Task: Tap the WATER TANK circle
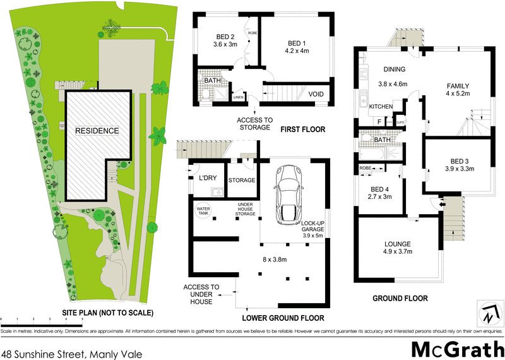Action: [x=203, y=209]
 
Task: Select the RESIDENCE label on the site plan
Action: [x=97, y=131]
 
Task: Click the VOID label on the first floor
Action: [x=316, y=95]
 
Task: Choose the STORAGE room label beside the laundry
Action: [x=242, y=180]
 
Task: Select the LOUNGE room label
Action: [x=398, y=244]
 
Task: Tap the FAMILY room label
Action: [x=458, y=85]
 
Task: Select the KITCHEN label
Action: [x=382, y=107]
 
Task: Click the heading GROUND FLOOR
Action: [x=400, y=298]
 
